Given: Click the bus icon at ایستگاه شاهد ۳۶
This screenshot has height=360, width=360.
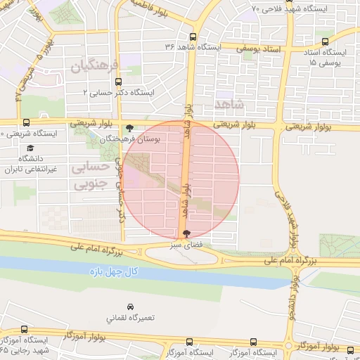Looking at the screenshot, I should click(x=193, y=37).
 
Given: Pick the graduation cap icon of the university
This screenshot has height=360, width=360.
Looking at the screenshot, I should click(x=30, y=148).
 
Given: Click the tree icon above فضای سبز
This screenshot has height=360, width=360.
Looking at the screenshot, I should click(x=186, y=234).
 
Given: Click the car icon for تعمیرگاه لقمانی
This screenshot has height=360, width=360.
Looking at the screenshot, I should click(x=130, y=307).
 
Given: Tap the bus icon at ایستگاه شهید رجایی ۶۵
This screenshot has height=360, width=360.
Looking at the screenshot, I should click(x=25, y=329).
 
